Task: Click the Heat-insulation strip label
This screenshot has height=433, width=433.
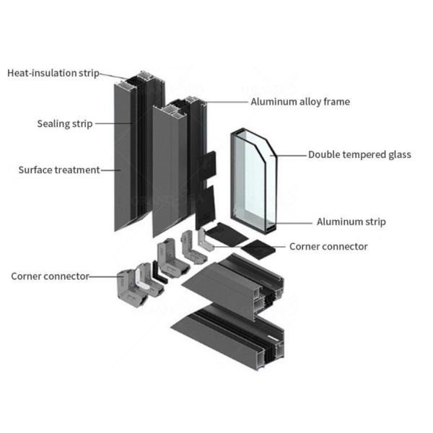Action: coord(53,73)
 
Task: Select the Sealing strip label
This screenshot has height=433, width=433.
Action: coord(64,123)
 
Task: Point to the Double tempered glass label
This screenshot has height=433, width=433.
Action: coord(359,154)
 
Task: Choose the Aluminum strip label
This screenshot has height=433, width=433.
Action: coord(351,222)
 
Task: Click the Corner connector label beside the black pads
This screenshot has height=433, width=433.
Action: coord(328,247)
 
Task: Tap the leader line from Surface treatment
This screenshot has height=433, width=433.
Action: coord(110,170)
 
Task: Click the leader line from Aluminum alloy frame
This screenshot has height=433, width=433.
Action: coord(227,102)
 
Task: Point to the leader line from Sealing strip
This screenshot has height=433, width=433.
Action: coord(113,123)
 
